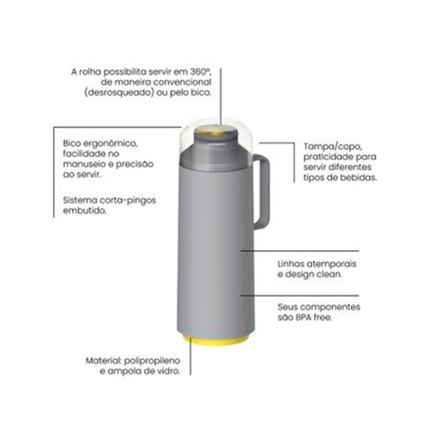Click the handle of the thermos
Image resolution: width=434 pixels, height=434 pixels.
(265, 191)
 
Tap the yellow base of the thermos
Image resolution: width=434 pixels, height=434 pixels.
(216, 341)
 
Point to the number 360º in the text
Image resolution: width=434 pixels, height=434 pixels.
(200, 72)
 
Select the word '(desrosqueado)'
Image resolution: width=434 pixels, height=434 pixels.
(119, 93)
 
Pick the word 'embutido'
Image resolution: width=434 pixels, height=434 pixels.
(84, 211)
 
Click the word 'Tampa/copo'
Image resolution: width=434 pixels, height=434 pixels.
(333, 147)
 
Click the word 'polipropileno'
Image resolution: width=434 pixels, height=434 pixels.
(152, 361)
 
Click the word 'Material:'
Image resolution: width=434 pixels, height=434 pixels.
(103, 361)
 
